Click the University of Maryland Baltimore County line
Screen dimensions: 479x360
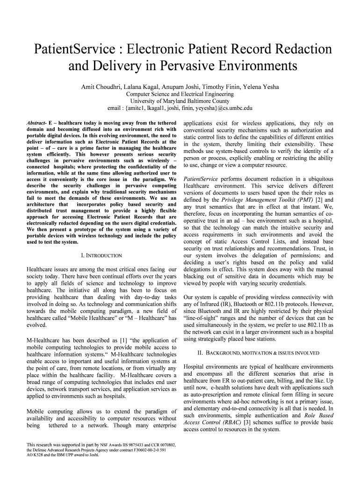[x=180, y=101]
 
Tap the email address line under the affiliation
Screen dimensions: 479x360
[x=180, y=108]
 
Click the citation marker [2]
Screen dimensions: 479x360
[x=318, y=200]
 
